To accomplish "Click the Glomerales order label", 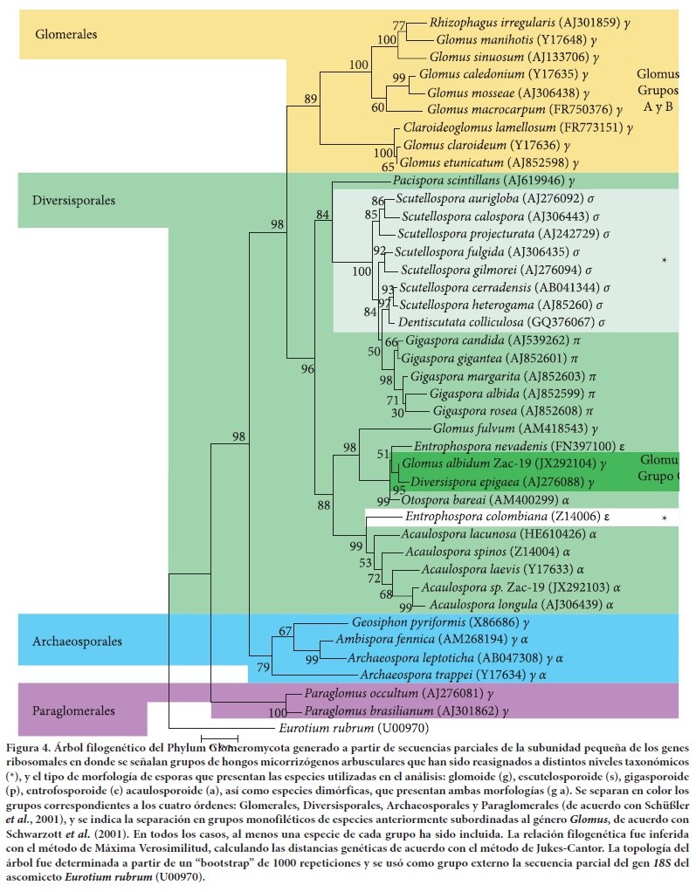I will (65, 34).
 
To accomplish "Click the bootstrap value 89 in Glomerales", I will (311, 99).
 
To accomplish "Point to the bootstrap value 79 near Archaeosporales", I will (263, 668).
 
